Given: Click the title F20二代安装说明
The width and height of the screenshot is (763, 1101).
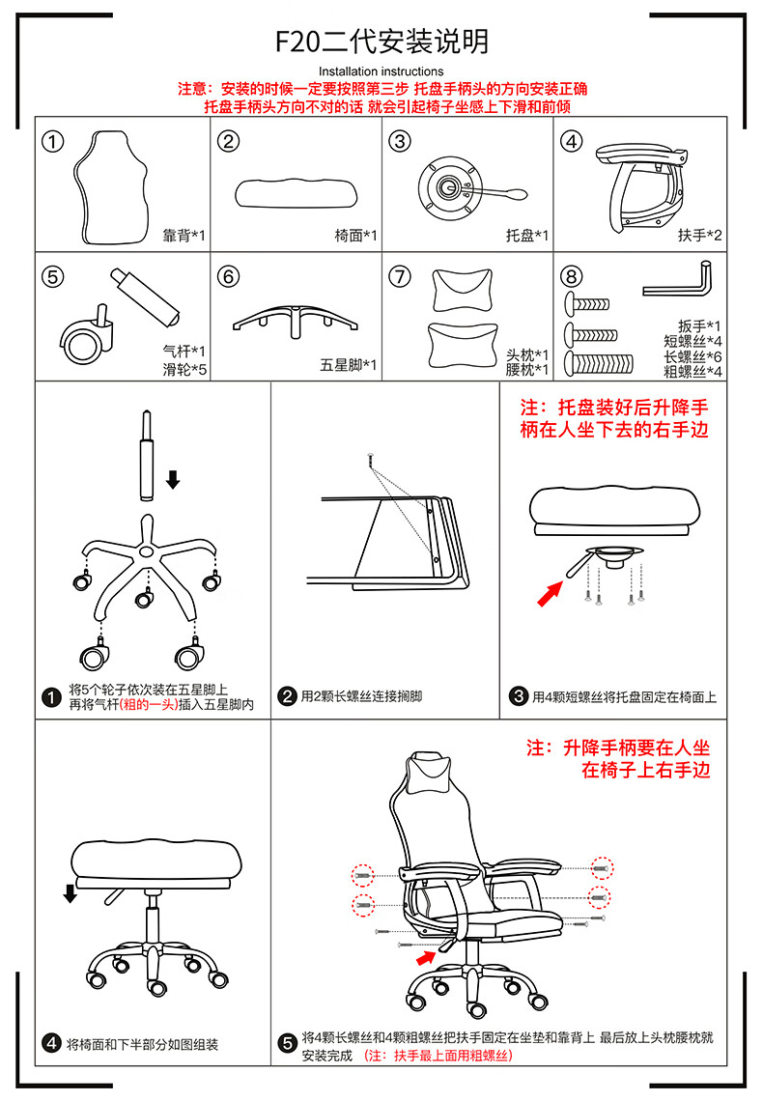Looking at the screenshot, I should coord(381,42).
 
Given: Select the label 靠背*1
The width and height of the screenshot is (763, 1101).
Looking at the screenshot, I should coord(184,236).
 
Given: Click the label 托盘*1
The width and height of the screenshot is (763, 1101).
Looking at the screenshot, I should coord(527,236).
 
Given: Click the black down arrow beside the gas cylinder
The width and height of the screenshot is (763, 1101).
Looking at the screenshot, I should coord(173,478).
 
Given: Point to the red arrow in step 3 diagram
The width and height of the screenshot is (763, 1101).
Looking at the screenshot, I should coord(551,593).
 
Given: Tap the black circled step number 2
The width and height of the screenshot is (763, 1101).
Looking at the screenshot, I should coord(287,696).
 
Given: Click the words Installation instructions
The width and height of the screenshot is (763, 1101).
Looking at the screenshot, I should coord(381,71).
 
